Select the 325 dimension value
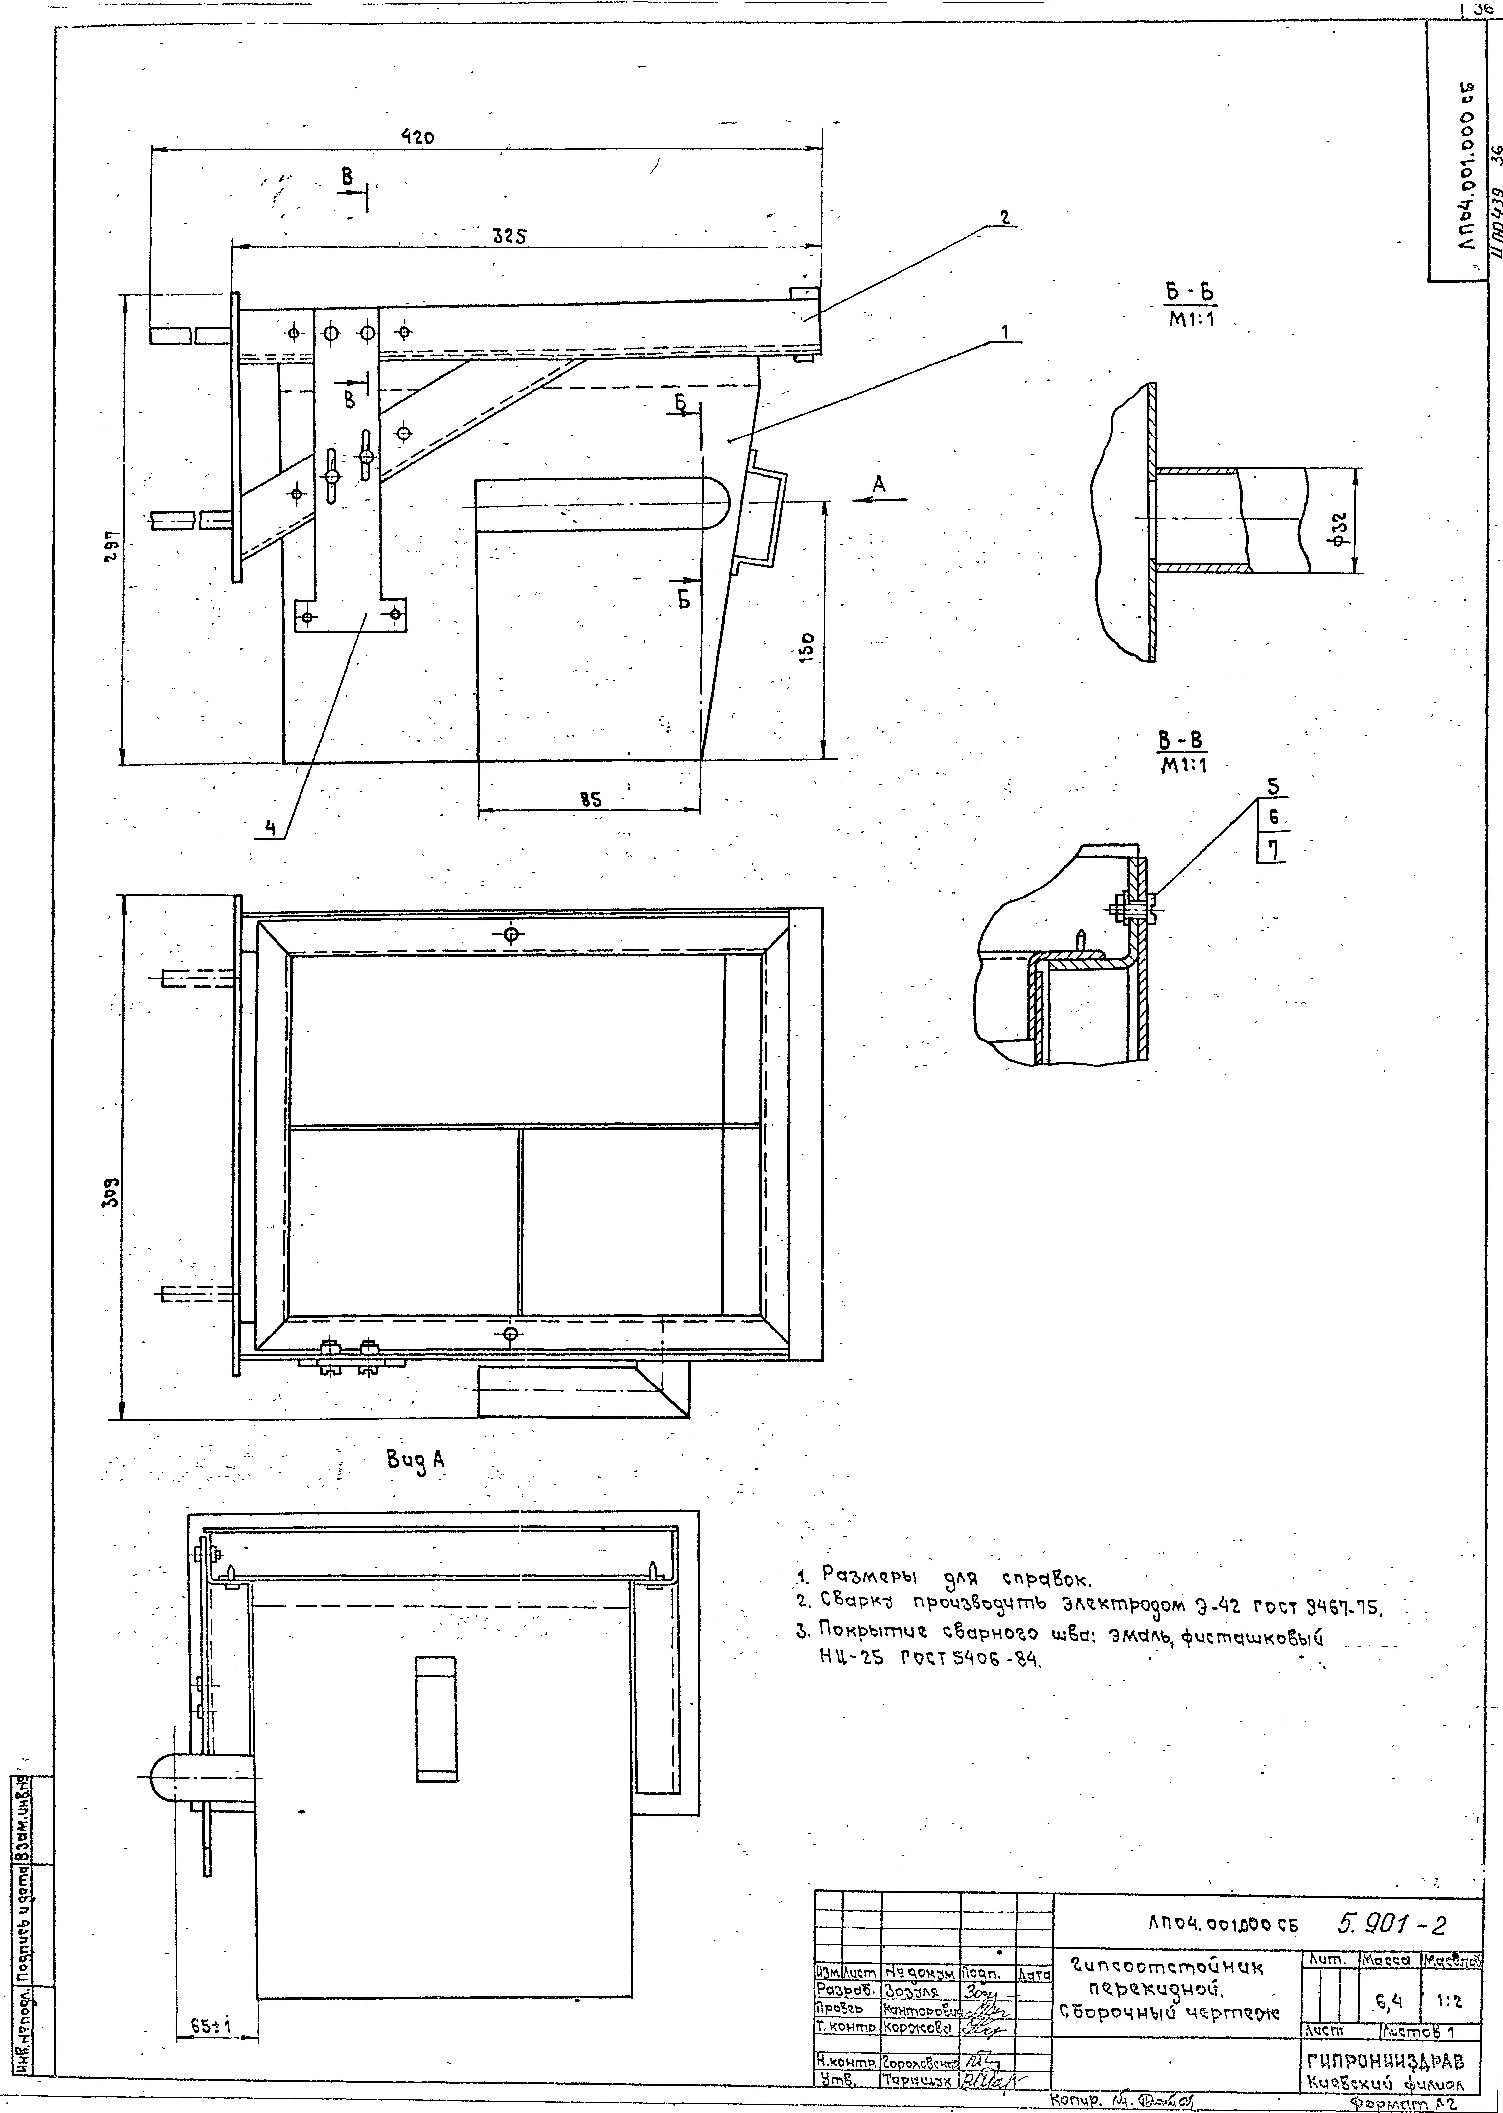[x=509, y=235]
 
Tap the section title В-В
[x=1182, y=741]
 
